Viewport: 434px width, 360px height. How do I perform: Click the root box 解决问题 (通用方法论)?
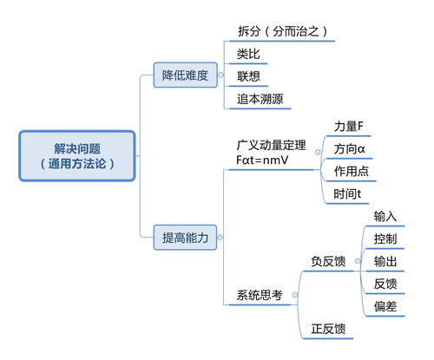[x=77, y=154]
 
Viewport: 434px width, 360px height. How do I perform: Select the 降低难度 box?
[x=186, y=75]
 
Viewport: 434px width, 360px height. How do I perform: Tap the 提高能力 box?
[x=186, y=237]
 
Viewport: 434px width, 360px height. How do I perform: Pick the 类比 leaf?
[x=248, y=54]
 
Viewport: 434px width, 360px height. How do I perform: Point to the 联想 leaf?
[x=248, y=75]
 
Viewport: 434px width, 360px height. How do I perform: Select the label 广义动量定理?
[x=271, y=144]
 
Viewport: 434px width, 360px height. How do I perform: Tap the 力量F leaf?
[x=348, y=127]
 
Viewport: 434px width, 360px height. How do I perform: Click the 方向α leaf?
[x=349, y=149]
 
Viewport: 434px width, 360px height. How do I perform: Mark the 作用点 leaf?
[x=352, y=172]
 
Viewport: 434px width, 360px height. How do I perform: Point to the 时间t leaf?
[x=347, y=194]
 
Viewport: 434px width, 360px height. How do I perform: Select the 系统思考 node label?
[x=260, y=295]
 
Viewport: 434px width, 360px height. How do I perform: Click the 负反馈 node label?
[x=328, y=261]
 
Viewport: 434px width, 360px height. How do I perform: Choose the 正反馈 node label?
[x=328, y=329]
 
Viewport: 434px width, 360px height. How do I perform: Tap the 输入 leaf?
[x=385, y=216]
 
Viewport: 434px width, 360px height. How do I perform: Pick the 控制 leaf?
[x=385, y=239]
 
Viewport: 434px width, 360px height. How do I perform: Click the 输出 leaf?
[x=385, y=261]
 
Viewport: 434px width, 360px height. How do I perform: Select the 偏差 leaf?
[x=385, y=306]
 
